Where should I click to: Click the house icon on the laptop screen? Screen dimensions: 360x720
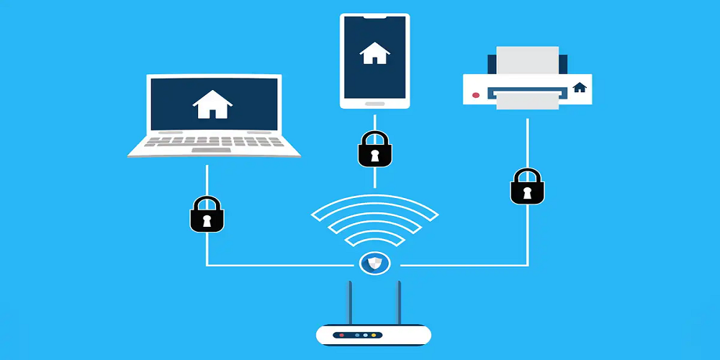click(x=212, y=104)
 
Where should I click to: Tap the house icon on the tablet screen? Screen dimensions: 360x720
click(x=374, y=53)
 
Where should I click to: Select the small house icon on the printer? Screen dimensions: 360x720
click(x=580, y=87)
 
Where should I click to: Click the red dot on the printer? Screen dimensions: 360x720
click(x=475, y=95)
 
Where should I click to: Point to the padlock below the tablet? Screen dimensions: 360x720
click(x=374, y=150)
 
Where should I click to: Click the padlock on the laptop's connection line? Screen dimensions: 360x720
click(x=207, y=215)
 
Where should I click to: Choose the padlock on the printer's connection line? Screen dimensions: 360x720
click(x=527, y=186)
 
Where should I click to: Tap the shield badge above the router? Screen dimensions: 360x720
click(x=374, y=264)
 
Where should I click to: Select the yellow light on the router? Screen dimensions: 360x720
click(x=374, y=336)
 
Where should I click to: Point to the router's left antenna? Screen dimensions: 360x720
click(x=351, y=302)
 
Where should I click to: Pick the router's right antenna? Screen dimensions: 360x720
click(x=398, y=302)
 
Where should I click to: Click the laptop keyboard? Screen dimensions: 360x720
click(x=214, y=143)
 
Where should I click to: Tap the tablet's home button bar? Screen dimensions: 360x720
click(x=374, y=103)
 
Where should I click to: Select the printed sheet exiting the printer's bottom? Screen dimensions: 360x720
click(x=528, y=104)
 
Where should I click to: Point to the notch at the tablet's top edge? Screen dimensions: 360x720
click(x=374, y=16)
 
